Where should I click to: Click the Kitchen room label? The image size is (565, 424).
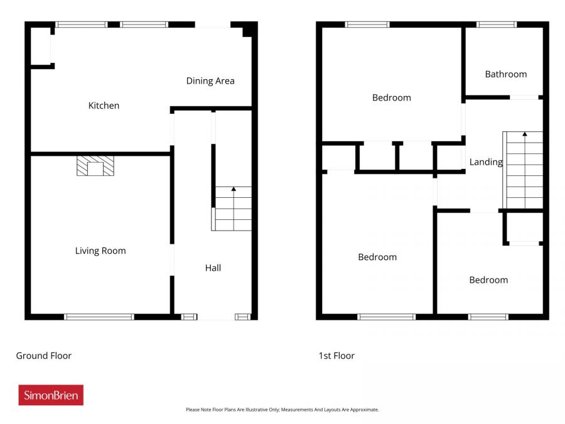[x=104, y=106]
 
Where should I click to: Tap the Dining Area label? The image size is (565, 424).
[x=210, y=80]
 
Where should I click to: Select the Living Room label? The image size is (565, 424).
[x=100, y=251]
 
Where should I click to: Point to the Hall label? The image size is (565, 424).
[x=213, y=268]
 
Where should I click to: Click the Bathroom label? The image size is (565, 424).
[x=505, y=74]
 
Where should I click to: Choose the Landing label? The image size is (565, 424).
[x=486, y=162]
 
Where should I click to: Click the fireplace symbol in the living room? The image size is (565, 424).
[x=96, y=166]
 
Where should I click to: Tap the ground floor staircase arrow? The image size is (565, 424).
[x=234, y=188]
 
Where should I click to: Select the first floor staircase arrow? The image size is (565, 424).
[x=524, y=134]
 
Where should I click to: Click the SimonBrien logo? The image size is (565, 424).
[x=51, y=395]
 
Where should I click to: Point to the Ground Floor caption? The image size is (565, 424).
[x=43, y=356]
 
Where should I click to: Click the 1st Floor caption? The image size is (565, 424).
[x=336, y=356]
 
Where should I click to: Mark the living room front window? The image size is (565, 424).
[x=99, y=317]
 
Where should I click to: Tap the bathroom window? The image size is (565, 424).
[x=497, y=24]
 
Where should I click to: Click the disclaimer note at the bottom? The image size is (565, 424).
[x=282, y=410]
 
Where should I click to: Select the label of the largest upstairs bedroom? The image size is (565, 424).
[x=377, y=257]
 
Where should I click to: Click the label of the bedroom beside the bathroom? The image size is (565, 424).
[x=391, y=97]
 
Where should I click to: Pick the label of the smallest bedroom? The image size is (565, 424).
[x=488, y=280]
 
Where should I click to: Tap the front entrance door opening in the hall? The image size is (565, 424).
[x=215, y=317]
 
